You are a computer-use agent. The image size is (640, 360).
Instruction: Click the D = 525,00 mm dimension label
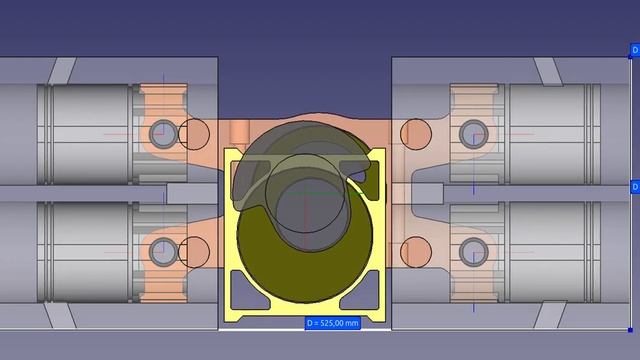click(x=331, y=322)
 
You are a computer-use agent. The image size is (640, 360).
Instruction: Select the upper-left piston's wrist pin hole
click(x=162, y=131)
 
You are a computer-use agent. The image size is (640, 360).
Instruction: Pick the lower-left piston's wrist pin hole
click(x=162, y=250)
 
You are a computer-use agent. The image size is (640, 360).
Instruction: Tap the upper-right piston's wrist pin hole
click(x=471, y=131)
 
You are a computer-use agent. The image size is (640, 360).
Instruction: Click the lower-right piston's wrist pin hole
click(x=471, y=250)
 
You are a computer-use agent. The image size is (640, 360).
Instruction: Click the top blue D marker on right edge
click(x=633, y=48)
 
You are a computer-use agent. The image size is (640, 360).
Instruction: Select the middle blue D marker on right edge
click(x=633, y=186)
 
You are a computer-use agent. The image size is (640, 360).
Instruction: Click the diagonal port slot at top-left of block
click(x=62, y=70)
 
